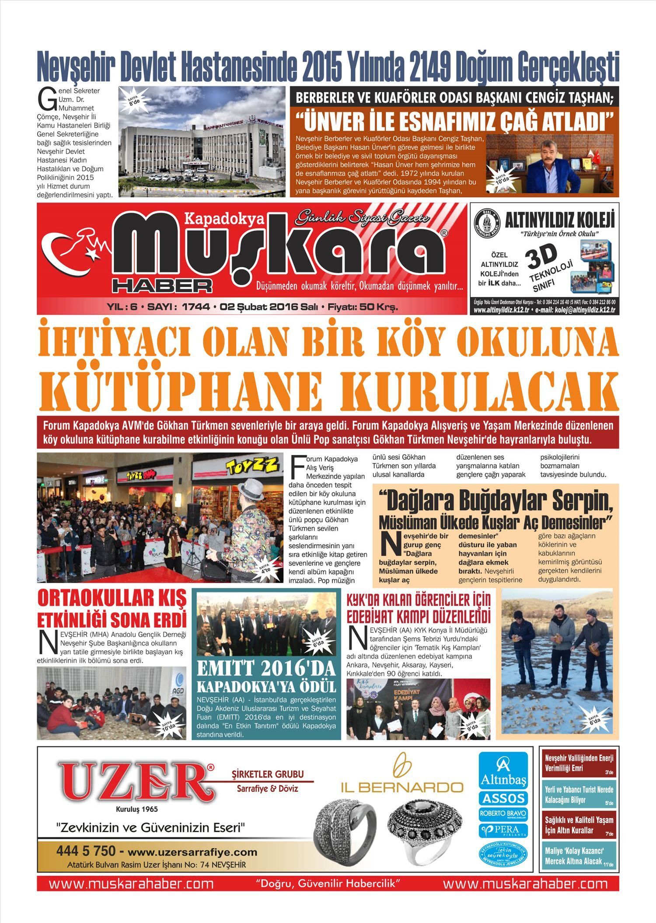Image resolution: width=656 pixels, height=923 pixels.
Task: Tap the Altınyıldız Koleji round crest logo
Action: click(487, 223)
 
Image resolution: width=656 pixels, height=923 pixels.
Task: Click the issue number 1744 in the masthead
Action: click(195, 307)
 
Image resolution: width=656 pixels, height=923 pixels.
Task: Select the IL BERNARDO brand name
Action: click(402, 787)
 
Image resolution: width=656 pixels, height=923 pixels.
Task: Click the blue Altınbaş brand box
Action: click(503, 770)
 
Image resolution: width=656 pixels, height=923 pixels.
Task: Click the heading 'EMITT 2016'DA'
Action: click(266, 668)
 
